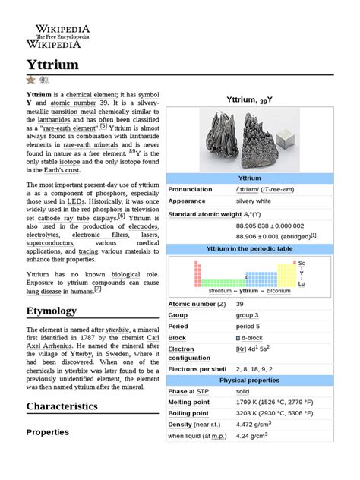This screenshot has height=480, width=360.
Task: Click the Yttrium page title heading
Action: [x=52, y=65]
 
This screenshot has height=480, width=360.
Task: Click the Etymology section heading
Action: [x=52, y=311]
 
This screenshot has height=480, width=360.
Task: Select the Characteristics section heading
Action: [x=62, y=406]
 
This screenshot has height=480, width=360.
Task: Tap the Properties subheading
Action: [x=48, y=432]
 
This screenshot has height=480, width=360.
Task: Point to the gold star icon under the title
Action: [x=30, y=80]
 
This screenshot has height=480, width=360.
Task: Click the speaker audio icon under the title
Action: [x=44, y=80]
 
